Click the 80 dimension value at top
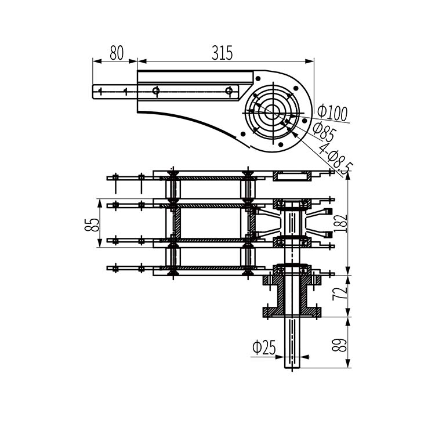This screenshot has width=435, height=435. pyautogui.click(x=117, y=53)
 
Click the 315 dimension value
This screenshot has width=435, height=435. pyautogui.click(x=222, y=53)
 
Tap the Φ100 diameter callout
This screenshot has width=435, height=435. pyautogui.click(x=332, y=112)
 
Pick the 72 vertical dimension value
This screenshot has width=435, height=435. pyautogui.click(x=340, y=293)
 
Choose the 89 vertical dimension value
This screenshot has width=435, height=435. pyautogui.click(x=339, y=345)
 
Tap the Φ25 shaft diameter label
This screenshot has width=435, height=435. pyautogui.click(x=264, y=347)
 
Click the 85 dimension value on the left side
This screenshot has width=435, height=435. pyautogui.click(x=92, y=225)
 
